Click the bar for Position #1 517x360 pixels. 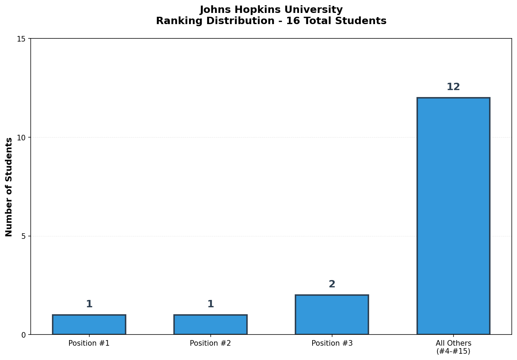(x=89, y=325)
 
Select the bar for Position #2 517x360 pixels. (x=210, y=325)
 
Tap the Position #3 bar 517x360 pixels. (x=332, y=315)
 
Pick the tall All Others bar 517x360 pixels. (x=453, y=216)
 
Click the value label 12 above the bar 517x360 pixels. (x=453, y=87)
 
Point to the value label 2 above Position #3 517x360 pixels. (x=332, y=284)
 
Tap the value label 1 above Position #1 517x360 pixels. (x=89, y=304)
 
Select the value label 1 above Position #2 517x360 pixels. (x=210, y=304)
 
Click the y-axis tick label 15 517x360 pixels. (x=21, y=39)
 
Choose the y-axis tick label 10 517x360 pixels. (x=21, y=138)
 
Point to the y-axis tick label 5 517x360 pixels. (x=23, y=236)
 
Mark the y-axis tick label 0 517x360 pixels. (x=23, y=335)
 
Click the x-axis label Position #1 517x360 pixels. (x=89, y=343)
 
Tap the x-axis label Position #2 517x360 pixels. (x=210, y=343)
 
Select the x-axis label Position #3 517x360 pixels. (x=332, y=343)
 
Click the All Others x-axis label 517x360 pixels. (x=453, y=343)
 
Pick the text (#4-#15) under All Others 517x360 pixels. (x=453, y=351)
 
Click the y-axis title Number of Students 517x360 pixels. (x=9, y=187)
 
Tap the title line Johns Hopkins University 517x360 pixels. (x=271, y=10)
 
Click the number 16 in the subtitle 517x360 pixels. (x=291, y=21)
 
